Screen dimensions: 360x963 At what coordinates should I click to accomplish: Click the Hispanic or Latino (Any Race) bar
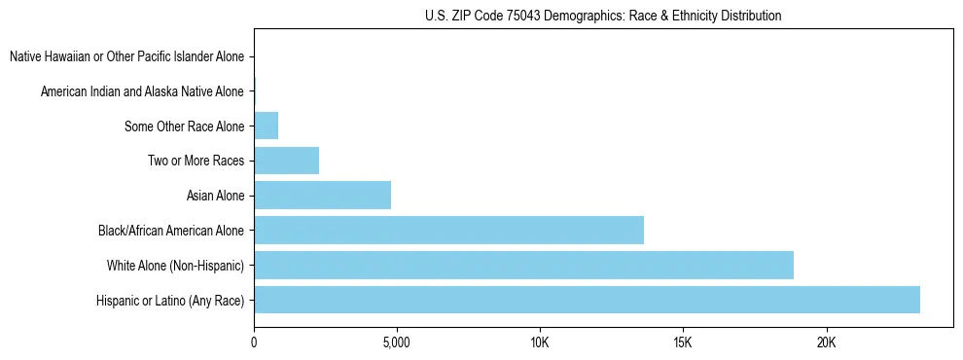tap(587, 300)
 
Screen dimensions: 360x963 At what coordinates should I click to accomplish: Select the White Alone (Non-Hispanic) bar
tap(523, 265)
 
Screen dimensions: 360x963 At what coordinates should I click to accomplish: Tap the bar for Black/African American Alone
tap(448, 231)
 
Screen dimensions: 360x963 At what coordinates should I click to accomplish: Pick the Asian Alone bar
tap(322, 196)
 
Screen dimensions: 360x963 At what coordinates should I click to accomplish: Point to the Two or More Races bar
tap(286, 161)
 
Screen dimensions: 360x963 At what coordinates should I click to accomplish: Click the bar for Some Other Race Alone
tap(266, 126)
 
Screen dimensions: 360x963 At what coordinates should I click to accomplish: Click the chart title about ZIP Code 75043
tap(603, 17)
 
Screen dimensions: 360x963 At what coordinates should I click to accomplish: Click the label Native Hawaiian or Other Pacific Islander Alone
tap(126, 57)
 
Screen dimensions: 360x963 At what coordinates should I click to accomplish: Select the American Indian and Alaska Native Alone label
tap(142, 91)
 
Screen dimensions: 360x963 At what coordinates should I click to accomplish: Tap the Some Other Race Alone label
tap(184, 126)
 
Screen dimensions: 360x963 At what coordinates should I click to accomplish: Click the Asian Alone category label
tap(215, 197)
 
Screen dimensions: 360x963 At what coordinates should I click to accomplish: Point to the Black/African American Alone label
tap(171, 231)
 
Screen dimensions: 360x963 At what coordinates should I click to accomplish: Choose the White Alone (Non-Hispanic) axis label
tap(175, 266)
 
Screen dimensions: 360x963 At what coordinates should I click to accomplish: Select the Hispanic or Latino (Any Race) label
tap(170, 301)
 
